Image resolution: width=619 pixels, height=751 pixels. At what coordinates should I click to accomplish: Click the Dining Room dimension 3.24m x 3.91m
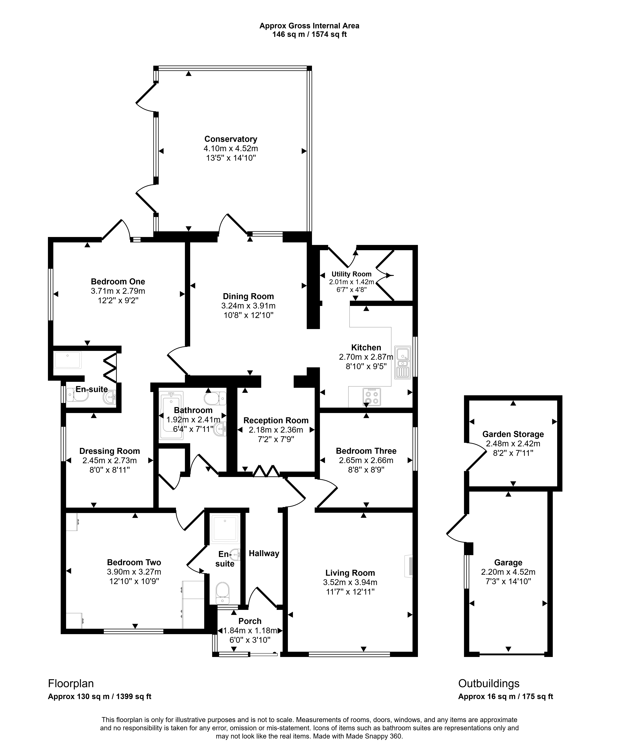(x=248, y=306)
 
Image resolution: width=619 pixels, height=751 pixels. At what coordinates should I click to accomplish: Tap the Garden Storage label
(x=513, y=434)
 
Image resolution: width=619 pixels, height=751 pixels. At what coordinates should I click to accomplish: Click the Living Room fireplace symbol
(x=409, y=566)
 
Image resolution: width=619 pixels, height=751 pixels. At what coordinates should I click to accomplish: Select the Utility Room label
(x=352, y=274)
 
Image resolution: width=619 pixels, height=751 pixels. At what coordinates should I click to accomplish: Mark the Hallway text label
(x=264, y=553)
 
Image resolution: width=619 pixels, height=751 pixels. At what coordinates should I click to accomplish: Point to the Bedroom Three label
(x=366, y=451)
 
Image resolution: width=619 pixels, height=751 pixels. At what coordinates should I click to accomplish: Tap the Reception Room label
(x=276, y=420)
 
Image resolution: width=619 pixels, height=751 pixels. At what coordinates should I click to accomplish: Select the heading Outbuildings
(x=489, y=683)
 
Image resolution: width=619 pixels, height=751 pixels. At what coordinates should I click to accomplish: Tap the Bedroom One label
(x=118, y=281)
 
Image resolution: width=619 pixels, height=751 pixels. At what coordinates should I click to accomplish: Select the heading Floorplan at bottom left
(x=71, y=683)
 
